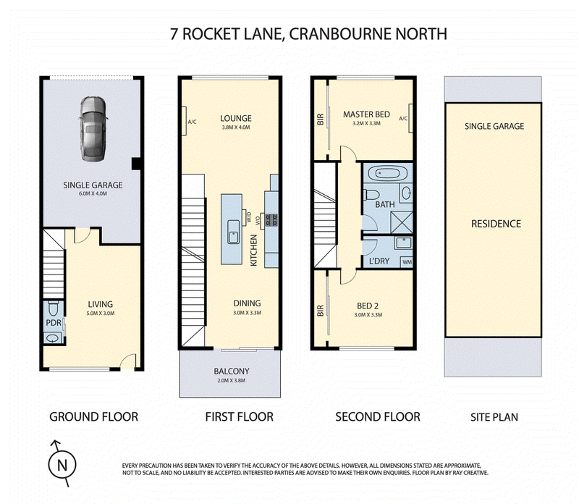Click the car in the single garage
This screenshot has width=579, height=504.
[x=93, y=129]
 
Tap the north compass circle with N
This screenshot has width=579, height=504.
[x=62, y=465]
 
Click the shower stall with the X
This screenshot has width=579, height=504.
[x=402, y=222]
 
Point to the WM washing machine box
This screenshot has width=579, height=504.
[x=407, y=262]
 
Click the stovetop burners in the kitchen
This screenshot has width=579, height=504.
[x=271, y=220]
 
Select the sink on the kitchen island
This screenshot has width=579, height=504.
[x=233, y=232]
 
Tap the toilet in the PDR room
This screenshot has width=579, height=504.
[x=54, y=308]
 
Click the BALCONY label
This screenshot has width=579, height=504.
[x=232, y=371]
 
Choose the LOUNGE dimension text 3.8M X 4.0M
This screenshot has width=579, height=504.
[x=236, y=127]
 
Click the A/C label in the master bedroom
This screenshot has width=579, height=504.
[x=403, y=119]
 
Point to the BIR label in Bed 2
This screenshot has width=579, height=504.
[x=320, y=311]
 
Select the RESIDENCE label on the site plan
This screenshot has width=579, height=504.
[x=496, y=224]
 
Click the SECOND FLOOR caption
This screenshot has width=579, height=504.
[x=378, y=417]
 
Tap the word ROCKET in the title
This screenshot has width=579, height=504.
[x=211, y=33]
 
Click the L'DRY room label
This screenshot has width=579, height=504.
[x=379, y=261]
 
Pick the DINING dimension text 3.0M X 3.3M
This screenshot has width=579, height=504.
[x=247, y=313]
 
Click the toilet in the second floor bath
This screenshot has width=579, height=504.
[x=371, y=194]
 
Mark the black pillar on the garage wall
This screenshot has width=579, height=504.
[x=136, y=164]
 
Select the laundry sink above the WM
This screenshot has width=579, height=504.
[x=403, y=243]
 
